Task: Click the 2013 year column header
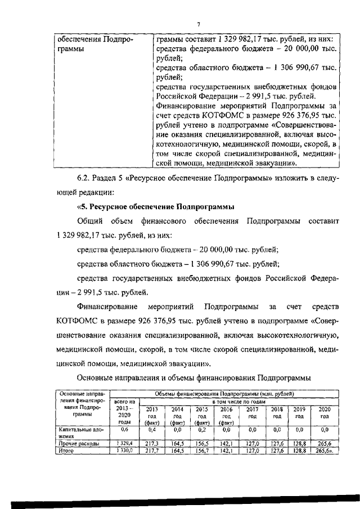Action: (152, 415)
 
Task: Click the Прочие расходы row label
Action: (79, 444)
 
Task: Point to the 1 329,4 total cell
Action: (123, 444)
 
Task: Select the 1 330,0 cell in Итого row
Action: (123, 451)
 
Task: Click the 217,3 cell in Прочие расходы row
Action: (152, 444)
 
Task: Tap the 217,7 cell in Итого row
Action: (152, 451)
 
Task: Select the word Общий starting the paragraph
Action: (90, 221)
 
